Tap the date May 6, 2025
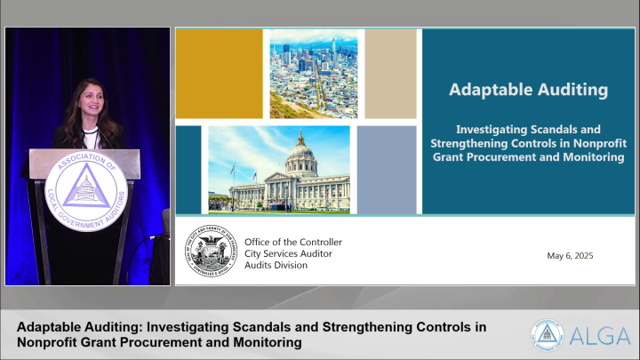[570, 256]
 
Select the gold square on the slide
[219, 73]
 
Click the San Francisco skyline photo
[314, 73]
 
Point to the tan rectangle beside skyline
[390, 73]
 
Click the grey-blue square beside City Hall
[387, 169]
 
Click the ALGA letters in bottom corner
[601, 335]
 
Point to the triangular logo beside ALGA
[548, 334]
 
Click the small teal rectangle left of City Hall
[188, 169]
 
